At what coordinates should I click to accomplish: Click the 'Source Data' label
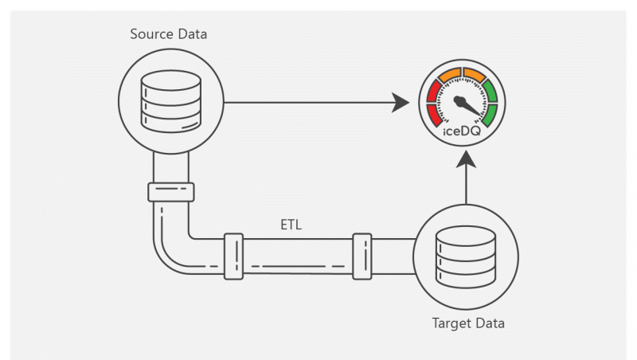(169, 35)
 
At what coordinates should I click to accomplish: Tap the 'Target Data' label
(468, 323)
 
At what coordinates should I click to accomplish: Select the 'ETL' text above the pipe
(291, 225)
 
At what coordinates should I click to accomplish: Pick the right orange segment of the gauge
(475, 76)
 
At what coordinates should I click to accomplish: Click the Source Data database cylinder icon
(171, 101)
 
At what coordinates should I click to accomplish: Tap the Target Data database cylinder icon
(467, 256)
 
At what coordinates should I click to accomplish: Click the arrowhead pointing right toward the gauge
(406, 102)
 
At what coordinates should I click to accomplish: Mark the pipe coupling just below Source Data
(171, 192)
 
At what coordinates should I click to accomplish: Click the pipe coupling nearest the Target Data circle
(362, 256)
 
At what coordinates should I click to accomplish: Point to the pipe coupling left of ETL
(233, 256)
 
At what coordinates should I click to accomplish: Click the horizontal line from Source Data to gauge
(311, 102)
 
